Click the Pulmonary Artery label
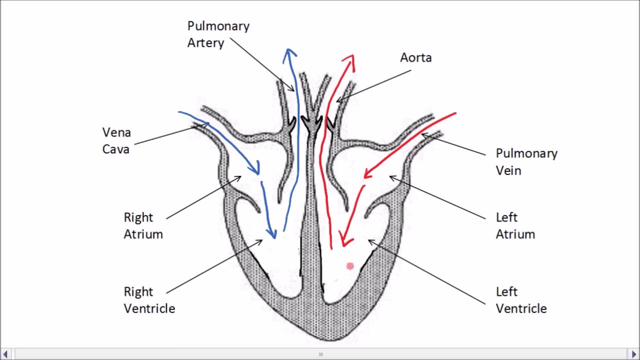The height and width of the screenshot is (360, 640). click(218, 34)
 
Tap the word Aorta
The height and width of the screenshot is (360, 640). click(415, 58)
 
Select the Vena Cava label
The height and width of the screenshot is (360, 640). click(116, 140)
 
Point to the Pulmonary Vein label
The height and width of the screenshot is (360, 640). click(526, 161)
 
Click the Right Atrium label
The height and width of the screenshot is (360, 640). click(143, 225)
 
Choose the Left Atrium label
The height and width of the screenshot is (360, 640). click(515, 225)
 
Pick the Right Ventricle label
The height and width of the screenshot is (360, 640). click(149, 299)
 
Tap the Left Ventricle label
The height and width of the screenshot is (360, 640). click(521, 299)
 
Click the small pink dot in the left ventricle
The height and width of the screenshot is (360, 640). click(350, 266)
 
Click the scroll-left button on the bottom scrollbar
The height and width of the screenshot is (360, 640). click(6, 354)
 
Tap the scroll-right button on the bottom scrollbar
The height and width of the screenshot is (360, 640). click(634, 354)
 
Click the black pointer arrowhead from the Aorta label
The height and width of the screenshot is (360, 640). click(337, 101)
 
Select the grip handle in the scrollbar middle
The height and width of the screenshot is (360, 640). click(320, 354)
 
